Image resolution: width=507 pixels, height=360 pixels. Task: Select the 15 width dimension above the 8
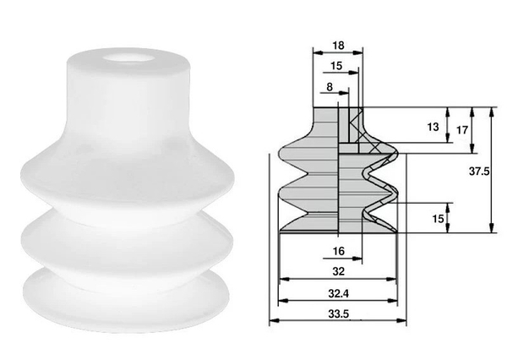pyautogui.click(x=336, y=65)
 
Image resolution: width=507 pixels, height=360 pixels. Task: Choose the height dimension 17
pyautogui.click(x=461, y=131)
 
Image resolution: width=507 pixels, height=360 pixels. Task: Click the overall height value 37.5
pyautogui.click(x=479, y=170)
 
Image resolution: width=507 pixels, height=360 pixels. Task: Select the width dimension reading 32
pyautogui.click(x=336, y=272)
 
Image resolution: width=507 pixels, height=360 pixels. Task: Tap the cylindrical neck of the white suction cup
pyautogui.click(x=127, y=101)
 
